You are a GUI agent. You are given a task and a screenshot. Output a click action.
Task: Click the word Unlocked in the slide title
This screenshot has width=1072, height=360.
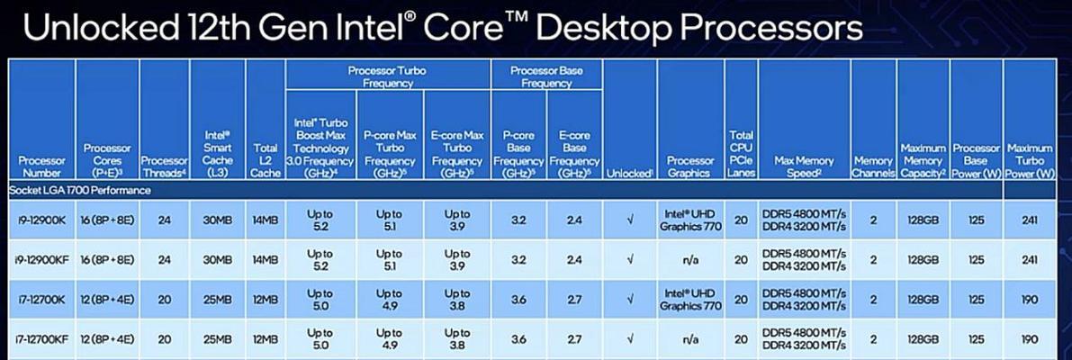100,28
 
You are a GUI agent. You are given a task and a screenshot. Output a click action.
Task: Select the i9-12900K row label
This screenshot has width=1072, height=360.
41,220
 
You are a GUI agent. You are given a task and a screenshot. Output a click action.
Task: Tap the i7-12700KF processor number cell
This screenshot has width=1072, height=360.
41,339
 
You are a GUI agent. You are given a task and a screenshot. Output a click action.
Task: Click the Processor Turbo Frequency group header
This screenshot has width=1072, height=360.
388,76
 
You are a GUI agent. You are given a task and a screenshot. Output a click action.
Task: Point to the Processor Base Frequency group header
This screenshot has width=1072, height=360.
546,76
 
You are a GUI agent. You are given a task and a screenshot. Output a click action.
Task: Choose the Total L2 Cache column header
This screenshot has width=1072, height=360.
266,160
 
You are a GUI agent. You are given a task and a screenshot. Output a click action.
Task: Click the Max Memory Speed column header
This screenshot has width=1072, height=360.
804,166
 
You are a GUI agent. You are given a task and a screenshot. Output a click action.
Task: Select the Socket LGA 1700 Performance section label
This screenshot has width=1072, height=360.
80,190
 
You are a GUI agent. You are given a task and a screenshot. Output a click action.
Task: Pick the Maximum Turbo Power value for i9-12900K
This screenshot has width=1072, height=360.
1031,220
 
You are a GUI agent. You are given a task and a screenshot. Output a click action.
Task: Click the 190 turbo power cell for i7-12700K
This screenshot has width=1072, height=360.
1031,300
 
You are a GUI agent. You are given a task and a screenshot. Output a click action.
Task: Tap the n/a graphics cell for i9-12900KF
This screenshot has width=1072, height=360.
690,260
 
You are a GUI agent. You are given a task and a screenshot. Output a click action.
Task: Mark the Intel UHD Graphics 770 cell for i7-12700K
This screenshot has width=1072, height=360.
690,300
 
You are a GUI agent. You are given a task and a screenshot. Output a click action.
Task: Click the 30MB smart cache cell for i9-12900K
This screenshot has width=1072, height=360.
217,220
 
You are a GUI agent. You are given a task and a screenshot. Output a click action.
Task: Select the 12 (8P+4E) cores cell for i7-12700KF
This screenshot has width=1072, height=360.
107,339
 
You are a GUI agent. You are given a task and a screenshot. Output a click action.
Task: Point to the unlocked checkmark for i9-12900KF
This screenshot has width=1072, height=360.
630,260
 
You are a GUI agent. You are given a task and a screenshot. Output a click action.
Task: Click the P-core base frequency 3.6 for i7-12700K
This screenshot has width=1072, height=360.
518,300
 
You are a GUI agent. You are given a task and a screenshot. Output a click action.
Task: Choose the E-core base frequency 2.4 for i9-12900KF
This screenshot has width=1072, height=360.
574,260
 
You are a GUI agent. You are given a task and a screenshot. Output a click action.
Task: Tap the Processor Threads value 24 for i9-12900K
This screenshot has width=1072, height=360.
164,220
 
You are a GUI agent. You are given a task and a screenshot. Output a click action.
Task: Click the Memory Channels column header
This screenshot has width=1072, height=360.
873,166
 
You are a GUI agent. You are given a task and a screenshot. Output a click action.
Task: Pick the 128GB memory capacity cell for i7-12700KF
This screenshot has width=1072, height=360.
923,339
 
